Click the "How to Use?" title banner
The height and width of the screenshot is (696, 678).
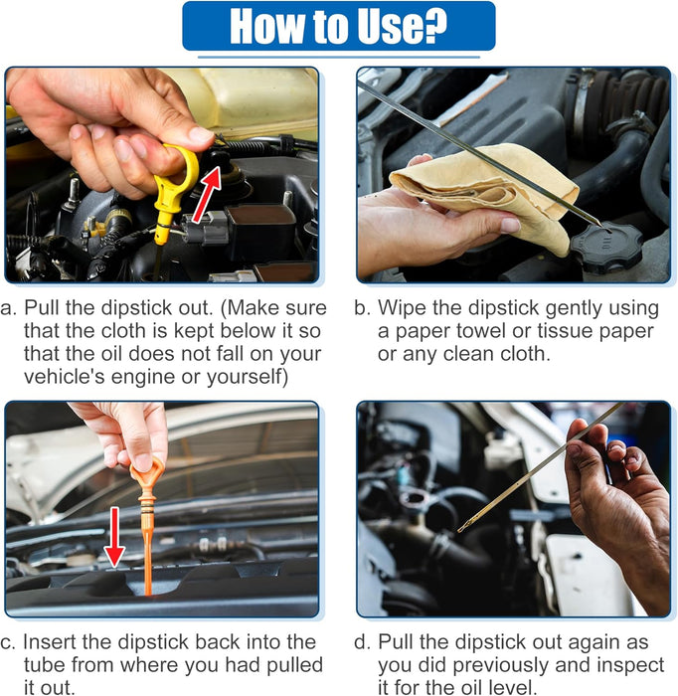tap(339, 26)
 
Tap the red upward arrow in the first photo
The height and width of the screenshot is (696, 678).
tap(207, 194)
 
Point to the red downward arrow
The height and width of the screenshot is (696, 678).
tap(114, 537)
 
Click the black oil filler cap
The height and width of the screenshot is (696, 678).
tap(605, 248)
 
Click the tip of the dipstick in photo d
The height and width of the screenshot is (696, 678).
tap(459, 530)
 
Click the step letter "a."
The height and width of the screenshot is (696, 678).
tap(8, 308)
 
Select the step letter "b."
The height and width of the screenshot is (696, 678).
tap(363, 308)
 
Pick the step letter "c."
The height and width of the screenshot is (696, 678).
tap(8, 642)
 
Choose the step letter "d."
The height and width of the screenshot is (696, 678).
tap(362, 642)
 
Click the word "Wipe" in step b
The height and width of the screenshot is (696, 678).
tap(402, 308)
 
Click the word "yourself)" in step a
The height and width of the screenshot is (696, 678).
tap(248, 377)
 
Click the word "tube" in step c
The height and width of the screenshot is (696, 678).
tap(45, 665)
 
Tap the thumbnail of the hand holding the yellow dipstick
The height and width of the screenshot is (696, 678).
tap(162, 175)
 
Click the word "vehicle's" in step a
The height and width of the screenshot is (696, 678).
tap(64, 377)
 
